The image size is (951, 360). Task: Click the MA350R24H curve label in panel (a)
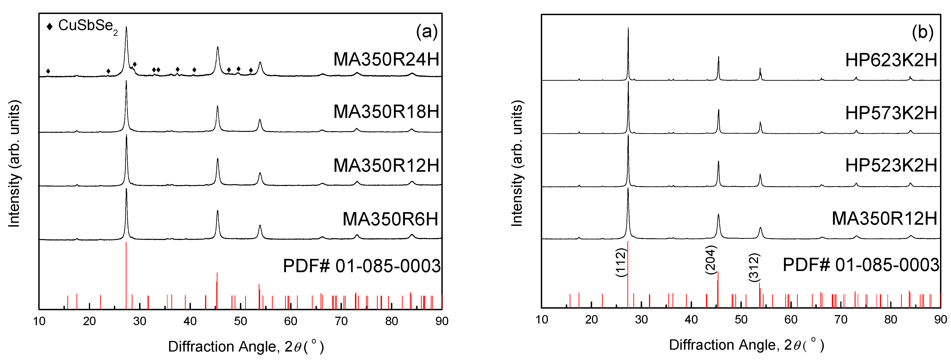pyautogui.click(x=386, y=59)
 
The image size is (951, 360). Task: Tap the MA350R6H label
pyautogui.click(x=390, y=219)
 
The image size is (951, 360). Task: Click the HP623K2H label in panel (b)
pyautogui.click(x=891, y=60)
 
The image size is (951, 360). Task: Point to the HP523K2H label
pyautogui.click(x=891, y=165)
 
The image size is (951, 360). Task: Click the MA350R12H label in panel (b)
pyautogui.click(x=884, y=219)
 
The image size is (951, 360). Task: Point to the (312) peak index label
pyautogui.click(x=754, y=267)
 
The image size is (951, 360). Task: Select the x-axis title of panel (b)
pyautogui.click(x=746, y=345)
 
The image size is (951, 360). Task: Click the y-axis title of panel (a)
pyautogui.click(x=14, y=163)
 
